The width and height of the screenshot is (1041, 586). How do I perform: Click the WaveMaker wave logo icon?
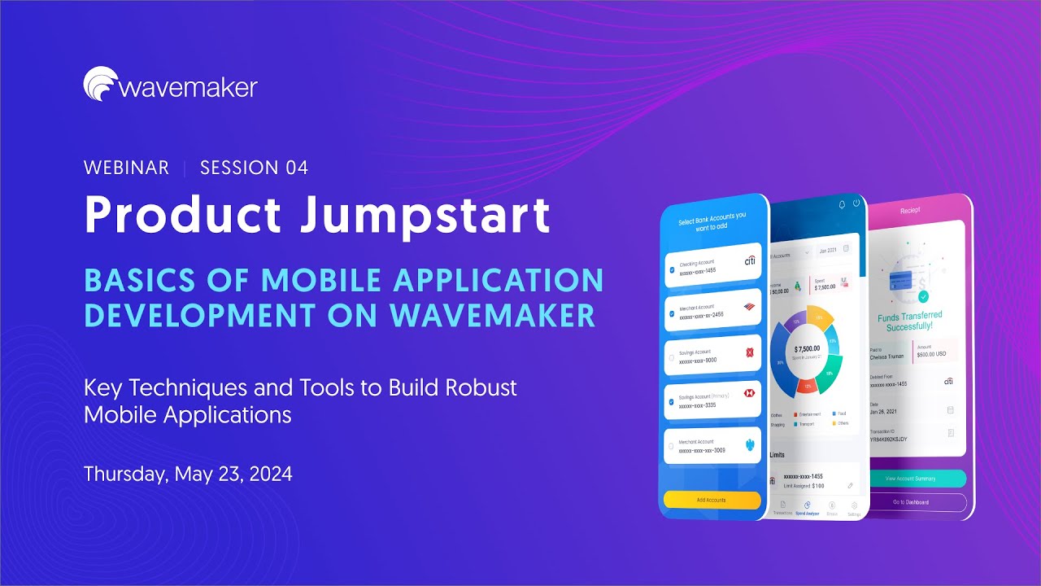click(x=99, y=84)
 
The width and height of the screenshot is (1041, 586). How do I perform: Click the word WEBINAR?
click(x=126, y=168)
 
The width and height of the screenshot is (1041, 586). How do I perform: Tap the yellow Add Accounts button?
click(x=712, y=500)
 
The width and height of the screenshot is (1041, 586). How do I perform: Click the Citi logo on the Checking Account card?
click(x=750, y=261)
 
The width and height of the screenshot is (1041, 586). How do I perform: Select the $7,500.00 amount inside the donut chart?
click(x=808, y=348)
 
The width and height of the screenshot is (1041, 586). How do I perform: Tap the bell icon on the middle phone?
click(x=842, y=204)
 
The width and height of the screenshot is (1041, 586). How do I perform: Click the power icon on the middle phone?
click(x=856, y=203)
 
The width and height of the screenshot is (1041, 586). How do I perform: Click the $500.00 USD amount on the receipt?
click(x=931, y=354)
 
